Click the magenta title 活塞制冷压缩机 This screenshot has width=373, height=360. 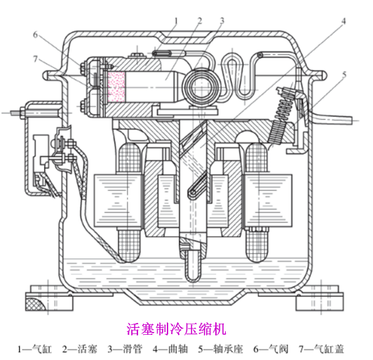pos(177,328)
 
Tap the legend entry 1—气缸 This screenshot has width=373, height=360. pos(34,348)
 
